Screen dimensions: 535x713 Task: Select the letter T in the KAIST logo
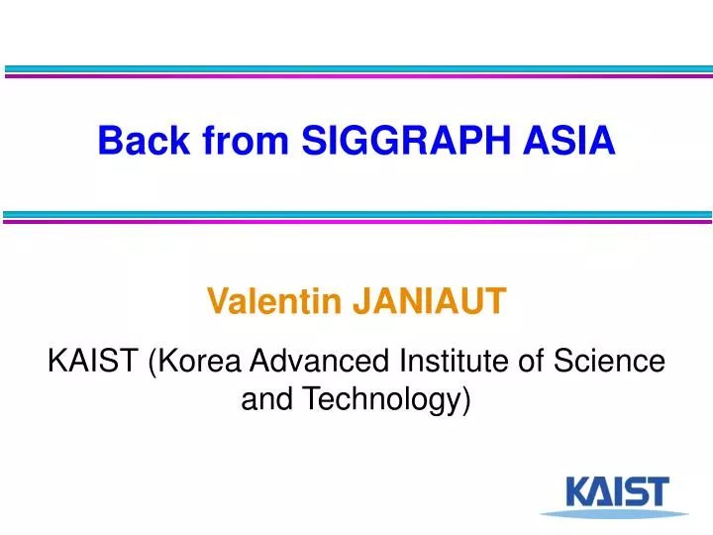[x=656, y=491]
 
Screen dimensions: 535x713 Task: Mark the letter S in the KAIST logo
[x=635, y=491]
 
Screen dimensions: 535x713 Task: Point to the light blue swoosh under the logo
[x=614, y=513]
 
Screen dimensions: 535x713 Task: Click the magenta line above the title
[x=356, y=76]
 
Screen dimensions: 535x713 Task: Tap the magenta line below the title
[x=356, y=221]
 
